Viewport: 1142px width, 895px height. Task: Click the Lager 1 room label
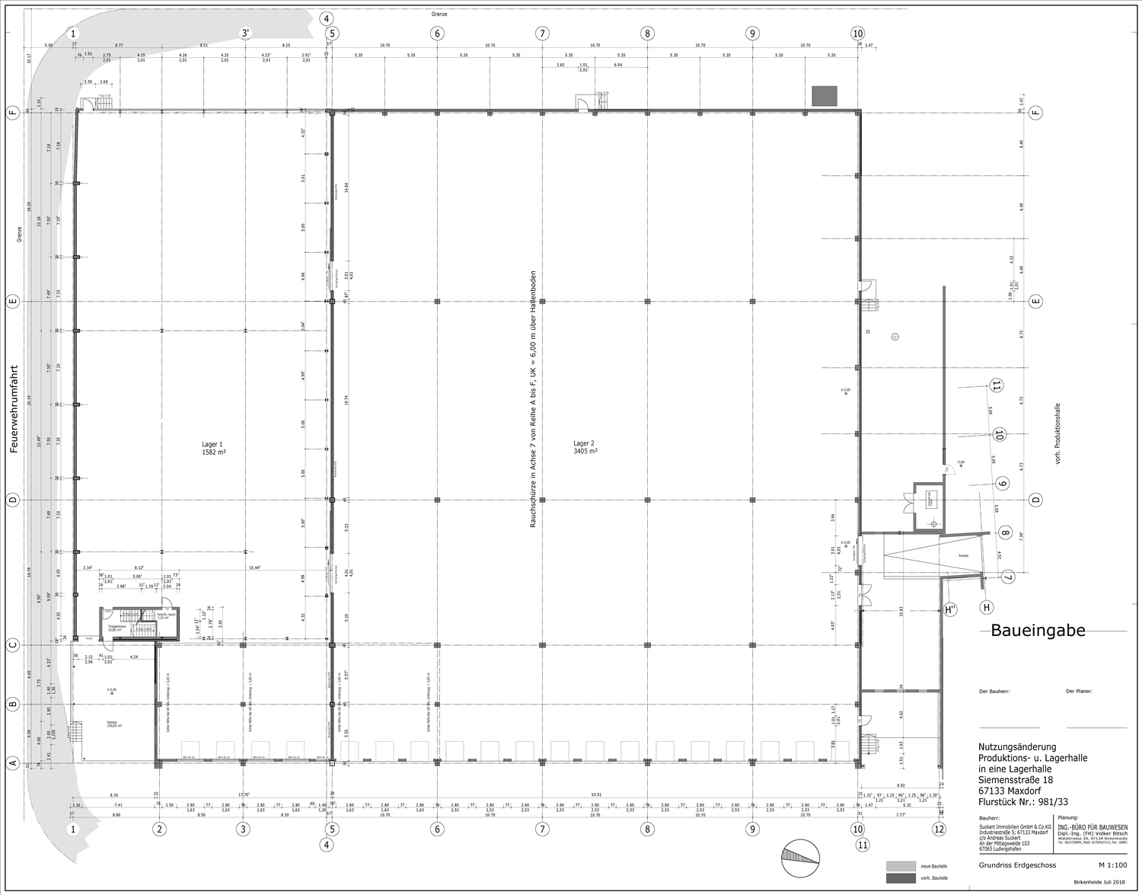(213, 448)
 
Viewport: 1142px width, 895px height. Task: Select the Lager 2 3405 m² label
(584, 446)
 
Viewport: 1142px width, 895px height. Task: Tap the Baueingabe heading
(1038, 630)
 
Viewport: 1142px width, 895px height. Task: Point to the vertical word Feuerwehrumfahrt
(14, 409)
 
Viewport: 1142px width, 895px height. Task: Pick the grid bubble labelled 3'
(245, 34)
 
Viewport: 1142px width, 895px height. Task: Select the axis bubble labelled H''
(950, 609)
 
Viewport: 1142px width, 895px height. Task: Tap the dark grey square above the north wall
(825, 96)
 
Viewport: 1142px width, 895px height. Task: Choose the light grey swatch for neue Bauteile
(901, 866)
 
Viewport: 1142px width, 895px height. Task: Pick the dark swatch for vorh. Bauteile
(901, 879)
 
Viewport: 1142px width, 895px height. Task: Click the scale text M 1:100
(1112, 866)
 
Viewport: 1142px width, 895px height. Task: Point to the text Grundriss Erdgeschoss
(1012, 866)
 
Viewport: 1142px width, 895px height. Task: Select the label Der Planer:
(1080, 692)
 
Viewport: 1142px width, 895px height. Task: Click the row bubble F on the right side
(1035, 113)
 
